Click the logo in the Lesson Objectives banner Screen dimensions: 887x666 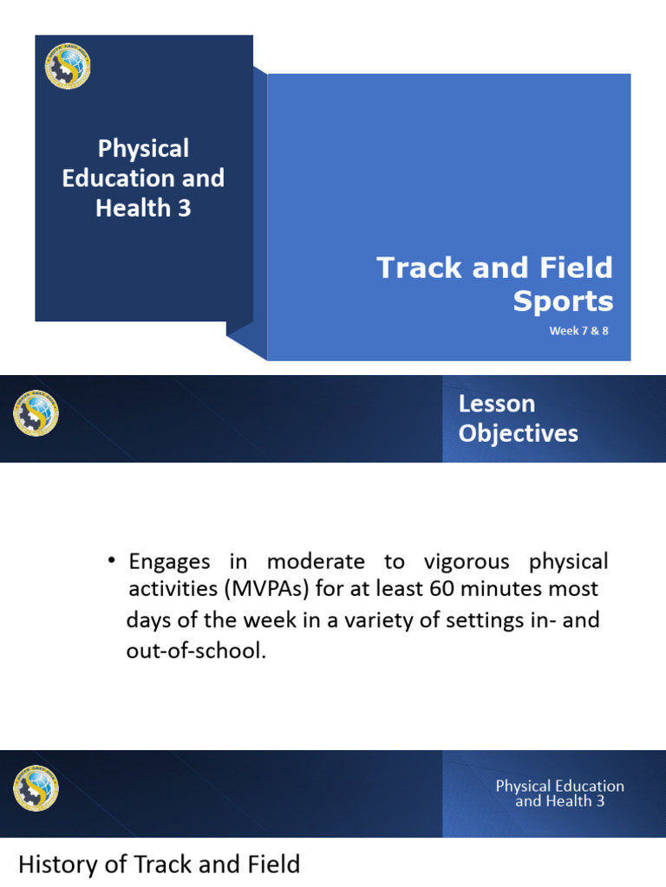pos(36,413)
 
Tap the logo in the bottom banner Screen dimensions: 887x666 pos(36,788)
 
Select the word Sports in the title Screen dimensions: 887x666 pos(563,301)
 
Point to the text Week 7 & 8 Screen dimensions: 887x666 pos(578,331)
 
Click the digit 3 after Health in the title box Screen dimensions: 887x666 pos(183,208)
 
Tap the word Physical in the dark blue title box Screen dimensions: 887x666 pos(143,149)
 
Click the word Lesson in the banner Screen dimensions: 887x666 pos(497,404)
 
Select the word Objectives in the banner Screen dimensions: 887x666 pos(518,433)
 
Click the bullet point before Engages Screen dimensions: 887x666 pos(112,561)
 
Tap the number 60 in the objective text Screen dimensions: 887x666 pos(441,591)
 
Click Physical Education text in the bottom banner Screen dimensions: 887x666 pos(559,787)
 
